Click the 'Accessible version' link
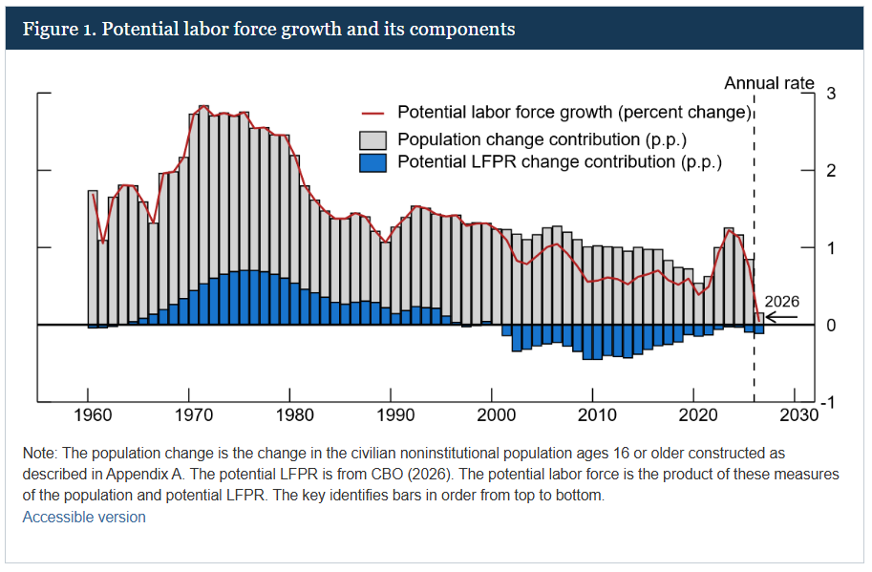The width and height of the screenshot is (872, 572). (x=84, y=517)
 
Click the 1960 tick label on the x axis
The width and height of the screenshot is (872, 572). (x=88, y=415)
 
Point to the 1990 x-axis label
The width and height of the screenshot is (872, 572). (x=391, y=415)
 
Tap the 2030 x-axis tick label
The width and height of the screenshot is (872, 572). (x=795, y=415)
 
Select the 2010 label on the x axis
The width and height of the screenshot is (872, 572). (x=593, y=415)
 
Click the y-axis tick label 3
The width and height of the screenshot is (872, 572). (x=831, y=94)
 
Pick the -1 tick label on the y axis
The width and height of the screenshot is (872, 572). (x=830, y=402)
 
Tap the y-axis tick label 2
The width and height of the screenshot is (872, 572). (x=831, y=171)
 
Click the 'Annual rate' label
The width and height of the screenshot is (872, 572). (x=769, y=83)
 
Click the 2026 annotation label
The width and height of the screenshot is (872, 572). (x=781, y=302)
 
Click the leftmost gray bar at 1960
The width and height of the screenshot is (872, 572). (x=93, y=258)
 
